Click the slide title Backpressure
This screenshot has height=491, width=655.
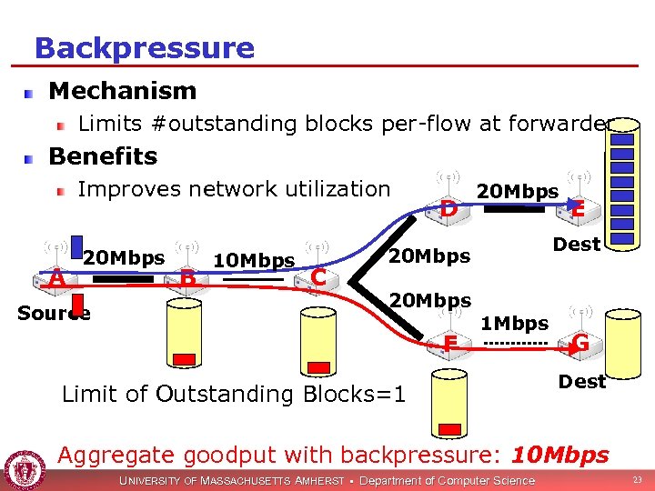pyautogui.click(x=144, y=47)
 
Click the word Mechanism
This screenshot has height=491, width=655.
pyautogui.click(x=122, y=91)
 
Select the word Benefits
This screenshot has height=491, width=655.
pyautogui.click(x=103, y=156)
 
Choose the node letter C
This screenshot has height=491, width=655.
pyautogui.click(x=317, y=276)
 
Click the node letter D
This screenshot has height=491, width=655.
pyautogui.click(x=448, y=209)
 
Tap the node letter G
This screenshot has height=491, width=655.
pyautogui.click(x=579, y=343)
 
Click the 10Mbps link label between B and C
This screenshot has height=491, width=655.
pyautogui.click(x=254, y=261)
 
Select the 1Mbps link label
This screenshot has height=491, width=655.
pyautogui.click(x=514, y=324)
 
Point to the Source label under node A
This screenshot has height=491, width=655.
pyautogui.click(x=54, y=314)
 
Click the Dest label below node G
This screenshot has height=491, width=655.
pyautogui.click(x=581, y=382)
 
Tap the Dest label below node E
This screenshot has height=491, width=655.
pyautogui.click(x=577, y=245)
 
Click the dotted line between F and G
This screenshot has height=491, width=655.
pyautogui.click(x=515, y=344)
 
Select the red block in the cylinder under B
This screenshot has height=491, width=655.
pyautogui.click(x=185, y=357)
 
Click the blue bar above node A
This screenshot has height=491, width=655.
pyautogui.click(x=78, y=248)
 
